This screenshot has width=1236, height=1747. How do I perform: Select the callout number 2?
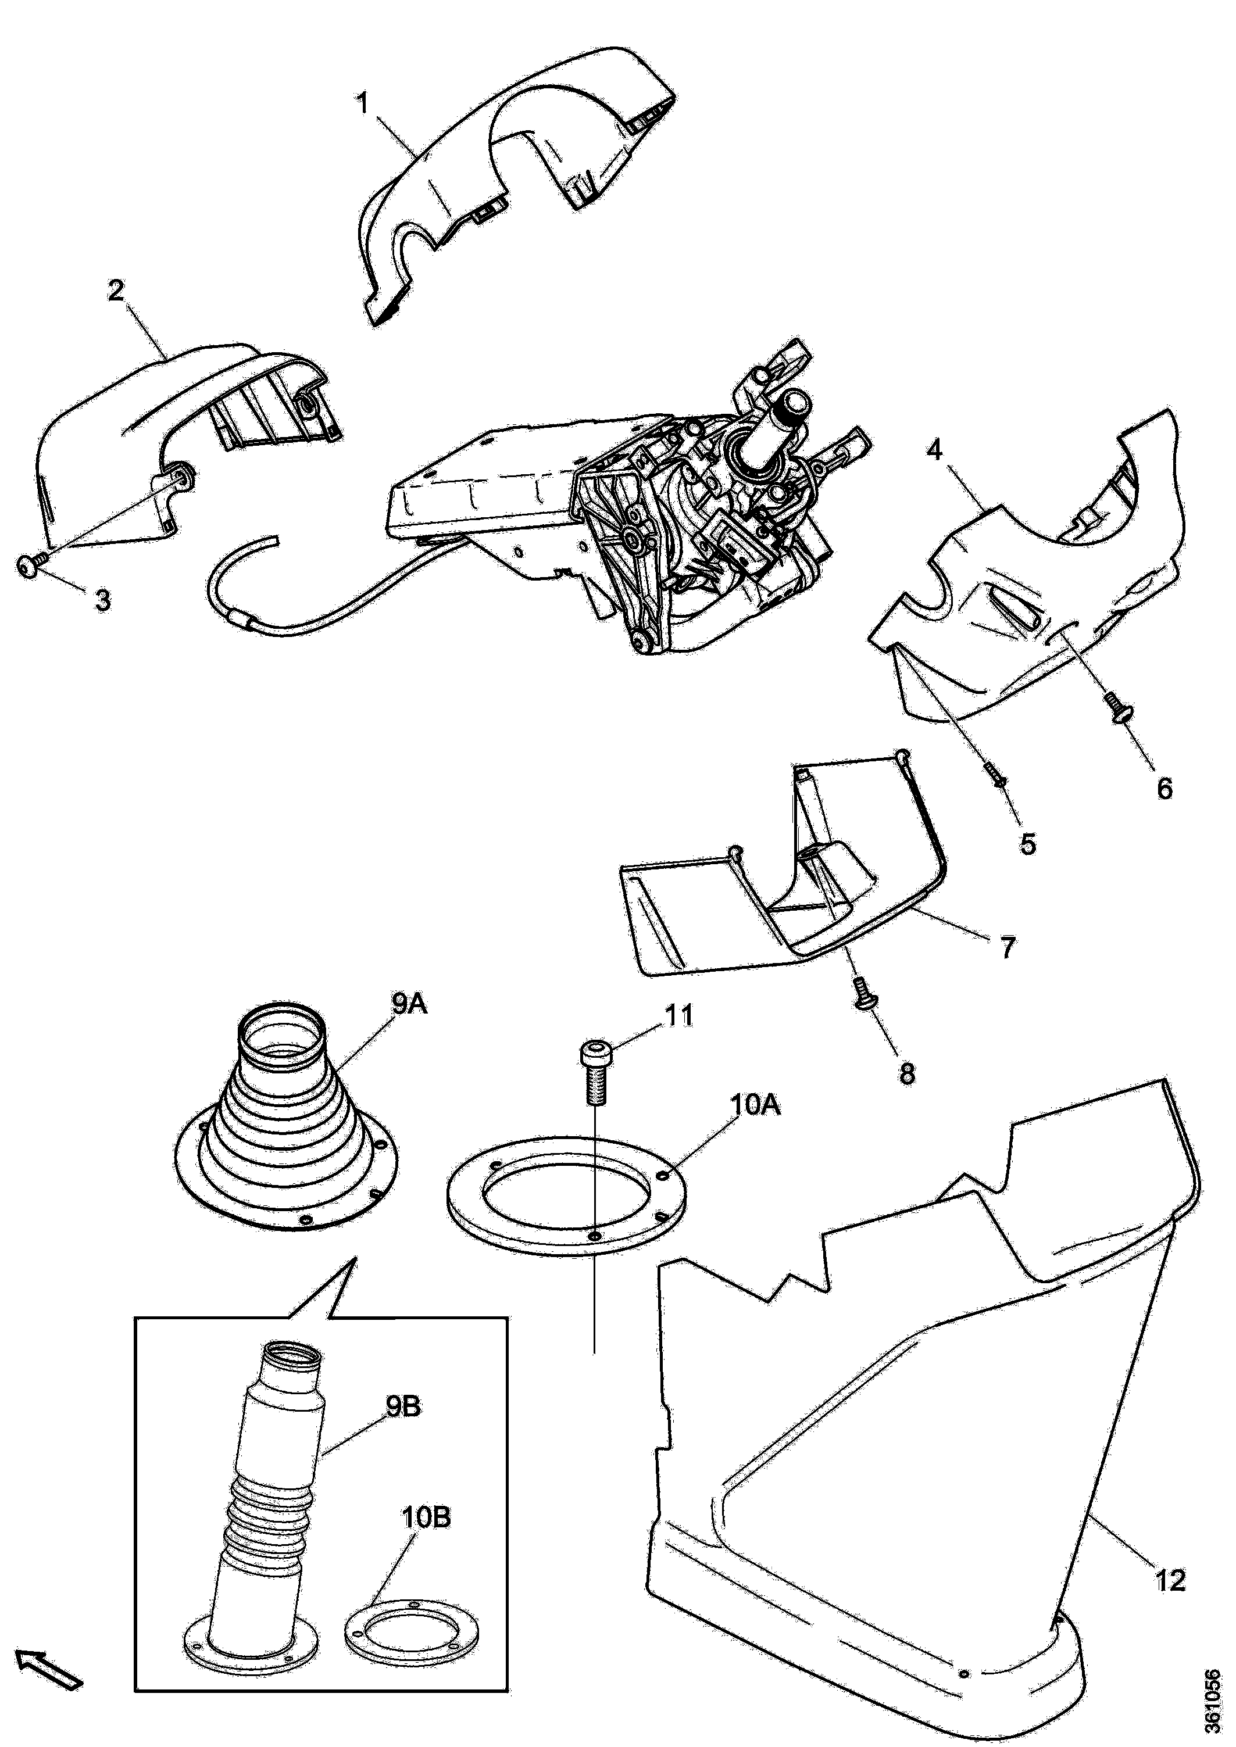(116, 291)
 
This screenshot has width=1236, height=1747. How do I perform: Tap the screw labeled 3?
(30, 564)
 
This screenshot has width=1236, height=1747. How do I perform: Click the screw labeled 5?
(995, 776)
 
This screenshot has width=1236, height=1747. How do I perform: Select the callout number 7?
(1007, 947)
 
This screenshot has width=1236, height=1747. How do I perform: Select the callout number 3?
(102, 600)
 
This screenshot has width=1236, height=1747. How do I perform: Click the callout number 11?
(678, 1015)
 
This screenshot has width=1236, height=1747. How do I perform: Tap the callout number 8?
(907, 1073)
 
